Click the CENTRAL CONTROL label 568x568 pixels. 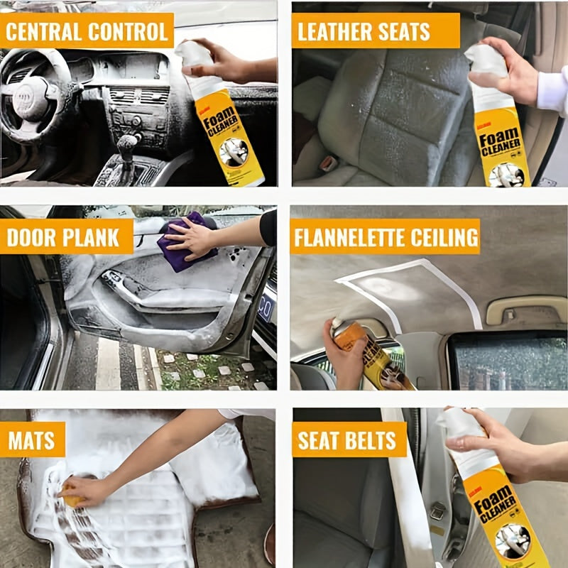click(x=87, y=31)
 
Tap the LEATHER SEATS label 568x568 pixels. click(x=364, y=31)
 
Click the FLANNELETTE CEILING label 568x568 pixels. click(x=385, y=236)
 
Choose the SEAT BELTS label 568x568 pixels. click(x=348, y=440)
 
